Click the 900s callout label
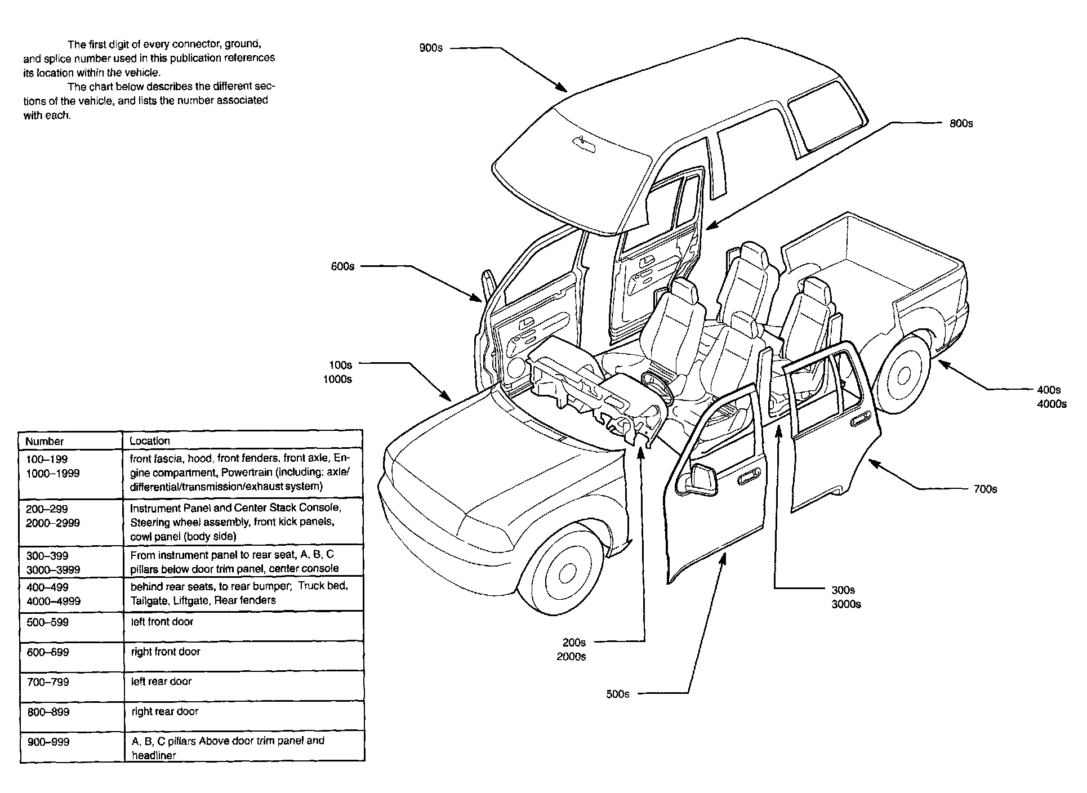click(431, 48)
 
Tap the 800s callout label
click(961, 123)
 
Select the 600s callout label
click(342, 266)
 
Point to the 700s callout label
click(985, 489)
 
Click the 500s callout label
click(617, 694)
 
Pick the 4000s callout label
click(1052, 404)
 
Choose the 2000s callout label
click(571, 657)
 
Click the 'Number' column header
click(44, 442)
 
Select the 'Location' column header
click(149, 441)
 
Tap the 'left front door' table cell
click(162, 622)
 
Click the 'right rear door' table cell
click(164, 711)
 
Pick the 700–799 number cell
click(48, 682)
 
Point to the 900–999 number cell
click(48, 742)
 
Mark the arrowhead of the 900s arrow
click(563, 89)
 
